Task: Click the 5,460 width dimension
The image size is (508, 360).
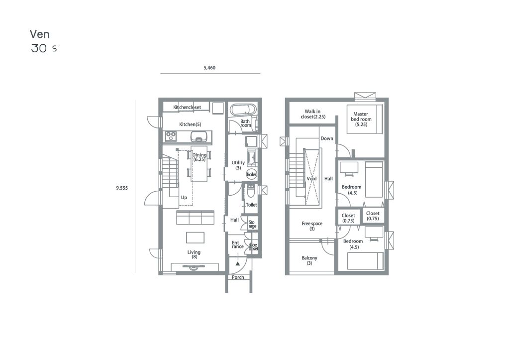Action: pos(209,68)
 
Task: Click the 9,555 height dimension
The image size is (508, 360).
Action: pos(122,188)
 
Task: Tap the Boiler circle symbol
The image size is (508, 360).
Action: pos(252,174)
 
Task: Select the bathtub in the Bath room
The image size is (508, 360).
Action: pos(243,110)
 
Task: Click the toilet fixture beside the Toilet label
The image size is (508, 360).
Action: pos(251,191)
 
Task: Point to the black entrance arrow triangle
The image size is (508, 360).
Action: pos(238,264)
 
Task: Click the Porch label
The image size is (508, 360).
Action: pos(238,277)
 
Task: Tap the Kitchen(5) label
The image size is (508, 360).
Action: pos(190,124)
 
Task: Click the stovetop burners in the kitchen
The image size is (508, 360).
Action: pos(171,136)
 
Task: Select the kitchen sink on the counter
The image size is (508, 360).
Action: pos(198,136)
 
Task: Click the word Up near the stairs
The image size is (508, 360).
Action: pos(184,198)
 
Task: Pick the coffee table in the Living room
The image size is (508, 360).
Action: pos(195,238)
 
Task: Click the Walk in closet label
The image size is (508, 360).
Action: pos(313,114)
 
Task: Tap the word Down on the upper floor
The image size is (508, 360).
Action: pos(327,138)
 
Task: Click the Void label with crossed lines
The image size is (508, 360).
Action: pos(311,179)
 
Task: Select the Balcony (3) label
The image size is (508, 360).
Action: pos(309,260)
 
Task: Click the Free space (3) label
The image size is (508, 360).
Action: pos(312,226)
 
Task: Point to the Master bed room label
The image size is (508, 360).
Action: pos(361,119)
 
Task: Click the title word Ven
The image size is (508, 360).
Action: pos(39,34)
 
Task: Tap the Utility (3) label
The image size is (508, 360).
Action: pos(238,165)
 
